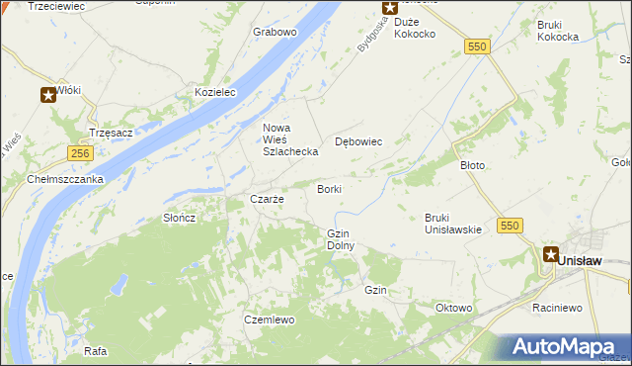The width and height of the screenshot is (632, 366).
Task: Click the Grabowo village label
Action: (275, 32)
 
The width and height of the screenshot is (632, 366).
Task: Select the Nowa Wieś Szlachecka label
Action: (289, 139)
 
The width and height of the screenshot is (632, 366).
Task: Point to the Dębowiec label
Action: (358, 141)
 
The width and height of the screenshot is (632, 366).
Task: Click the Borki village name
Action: (329, 188)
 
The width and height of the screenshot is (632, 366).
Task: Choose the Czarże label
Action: (267, 199)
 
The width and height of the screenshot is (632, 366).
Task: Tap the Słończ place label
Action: (179, 218)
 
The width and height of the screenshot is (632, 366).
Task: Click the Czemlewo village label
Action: (270, 320)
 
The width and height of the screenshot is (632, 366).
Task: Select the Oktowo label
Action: (453, 308)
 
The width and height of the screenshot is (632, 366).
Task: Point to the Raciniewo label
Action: (557, 308)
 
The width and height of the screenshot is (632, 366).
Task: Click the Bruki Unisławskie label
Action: (452, 224)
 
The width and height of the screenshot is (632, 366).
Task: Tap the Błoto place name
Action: (473, 165)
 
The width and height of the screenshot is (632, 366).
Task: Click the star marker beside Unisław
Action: (549, 253)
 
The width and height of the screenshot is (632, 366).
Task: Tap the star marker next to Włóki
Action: (47, 95)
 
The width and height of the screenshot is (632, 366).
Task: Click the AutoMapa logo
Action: (566, 347)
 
